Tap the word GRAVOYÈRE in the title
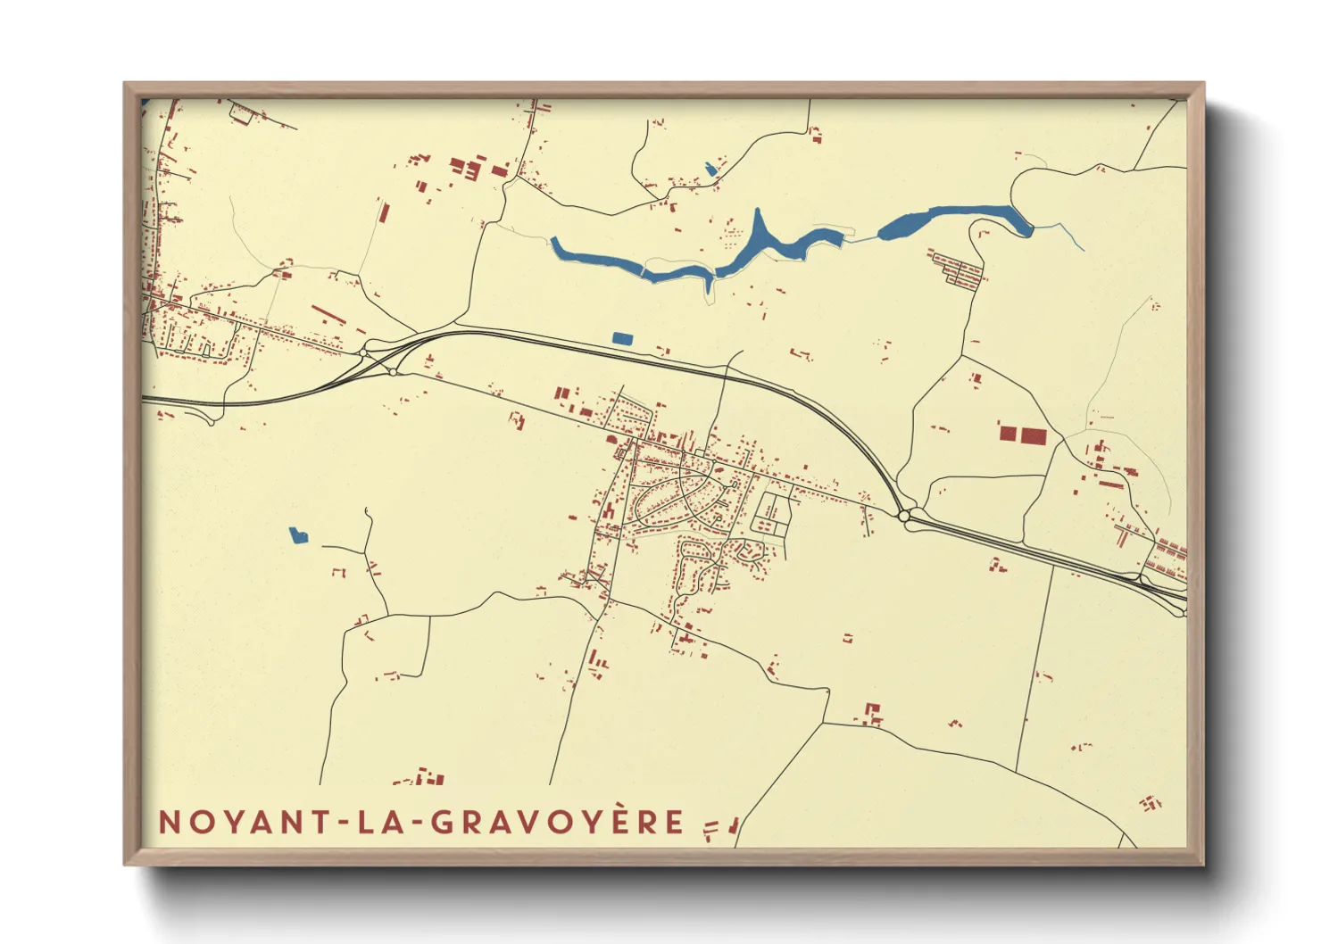point(559,822)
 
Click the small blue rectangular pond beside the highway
point(622,338)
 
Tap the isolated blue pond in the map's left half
point(298,535)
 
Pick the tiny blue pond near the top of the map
point(710,169)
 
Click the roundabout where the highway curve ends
point(904,516)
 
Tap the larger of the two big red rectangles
point(1034,435)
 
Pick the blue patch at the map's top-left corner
point(145,103)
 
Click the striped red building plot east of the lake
point(958,269)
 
